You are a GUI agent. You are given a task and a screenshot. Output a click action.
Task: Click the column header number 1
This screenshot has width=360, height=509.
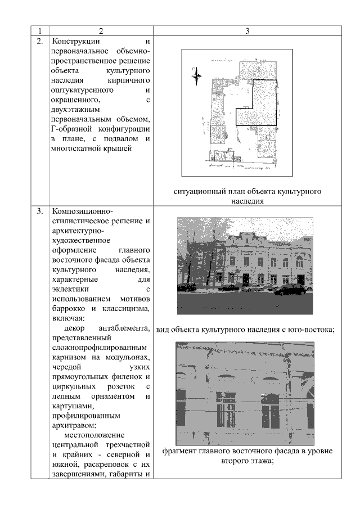tap(40, 30)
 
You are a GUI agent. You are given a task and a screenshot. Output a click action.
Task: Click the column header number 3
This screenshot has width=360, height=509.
tap(247, 30)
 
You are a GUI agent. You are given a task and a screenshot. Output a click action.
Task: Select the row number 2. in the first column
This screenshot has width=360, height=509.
tap(40, 42)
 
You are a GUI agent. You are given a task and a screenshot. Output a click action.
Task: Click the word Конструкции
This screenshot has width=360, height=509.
tap(75, 42)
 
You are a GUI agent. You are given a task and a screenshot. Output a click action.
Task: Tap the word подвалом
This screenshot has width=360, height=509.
tap(125, 138)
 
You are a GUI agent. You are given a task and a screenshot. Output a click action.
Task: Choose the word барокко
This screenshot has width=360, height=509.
tap(67, 309)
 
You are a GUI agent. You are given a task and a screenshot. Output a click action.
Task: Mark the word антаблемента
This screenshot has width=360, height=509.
tap(123, 328)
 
